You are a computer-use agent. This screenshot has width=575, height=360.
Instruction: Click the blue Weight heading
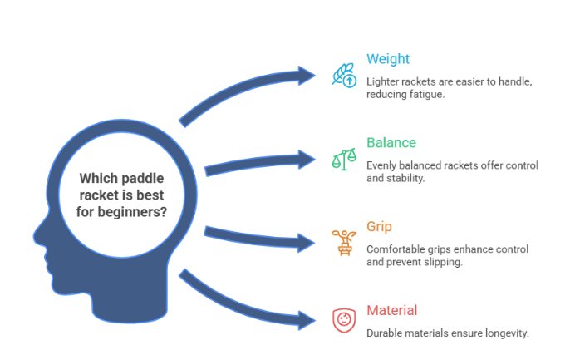388,60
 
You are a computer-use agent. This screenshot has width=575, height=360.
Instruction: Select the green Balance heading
391,143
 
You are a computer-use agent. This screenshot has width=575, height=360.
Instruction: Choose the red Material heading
391,310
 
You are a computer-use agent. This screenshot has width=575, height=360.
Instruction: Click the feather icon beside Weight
342,74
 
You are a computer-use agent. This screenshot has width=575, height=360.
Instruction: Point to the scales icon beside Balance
342,158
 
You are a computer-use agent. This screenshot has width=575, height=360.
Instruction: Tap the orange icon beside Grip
342,242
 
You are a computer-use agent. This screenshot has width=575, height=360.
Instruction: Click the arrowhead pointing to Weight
306,76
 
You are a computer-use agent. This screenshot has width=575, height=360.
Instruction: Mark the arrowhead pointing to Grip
307,242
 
